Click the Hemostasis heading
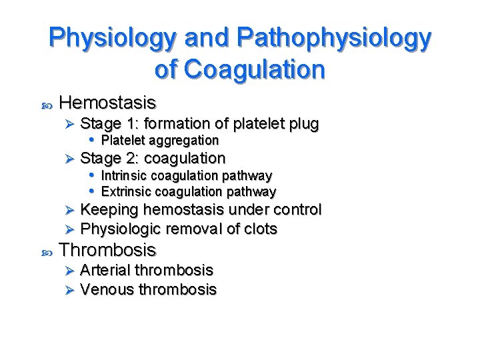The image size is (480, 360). pos(107,103)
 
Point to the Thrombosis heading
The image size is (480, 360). pos(107,250)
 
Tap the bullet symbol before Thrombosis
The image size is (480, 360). pos(46,252)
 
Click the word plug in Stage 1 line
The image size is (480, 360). pos(304,124)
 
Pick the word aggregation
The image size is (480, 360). pos(183,141)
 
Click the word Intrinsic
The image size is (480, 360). pos(124,176)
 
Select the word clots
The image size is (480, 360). pos(259,229)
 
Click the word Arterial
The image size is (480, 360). pos(105,270)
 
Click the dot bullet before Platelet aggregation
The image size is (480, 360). pos(92,140)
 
